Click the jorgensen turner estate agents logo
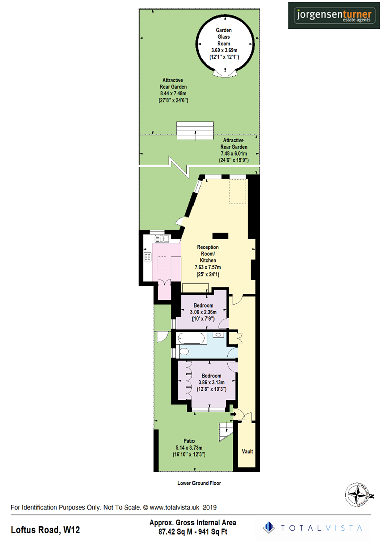coord(333,16)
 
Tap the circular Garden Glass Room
coord(224,44)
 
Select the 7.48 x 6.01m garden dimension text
coord(233,154)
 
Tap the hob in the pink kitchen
coord(148,257)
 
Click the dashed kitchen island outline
coord(163,263)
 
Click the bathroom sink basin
coord(219,335)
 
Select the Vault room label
coord(247,451)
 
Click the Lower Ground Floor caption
coord(199,483)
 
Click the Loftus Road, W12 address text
coord(46,529)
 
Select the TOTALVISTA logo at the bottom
coord(316,527)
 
